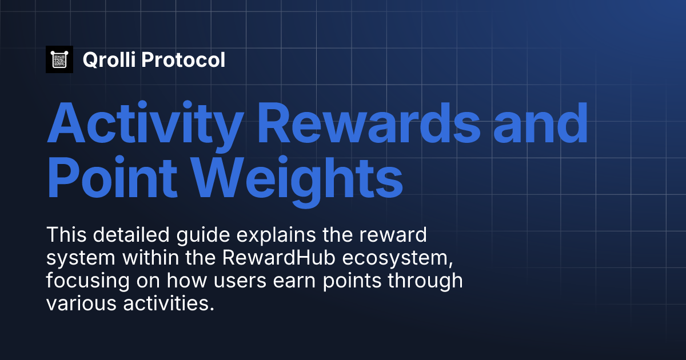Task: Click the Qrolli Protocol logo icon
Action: (x=59, y=59)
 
